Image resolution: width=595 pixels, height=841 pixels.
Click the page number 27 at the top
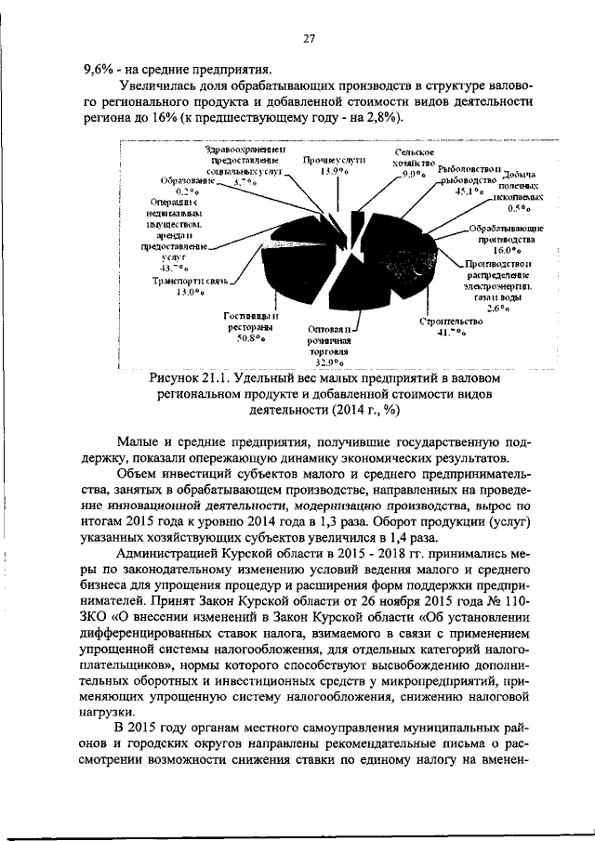(309, 39)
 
